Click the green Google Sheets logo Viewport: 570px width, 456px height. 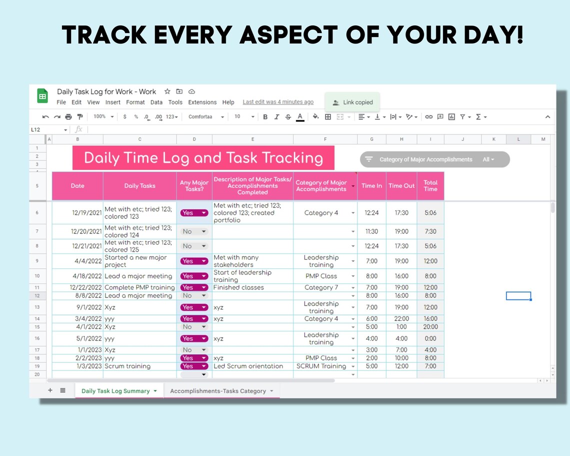pyautogui.click(x=42, y=96)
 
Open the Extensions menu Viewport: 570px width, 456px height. pyautogui.click(x=202, y=102)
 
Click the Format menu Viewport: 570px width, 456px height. pyautogui.click(x=135, y=102)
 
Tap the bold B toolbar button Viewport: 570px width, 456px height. pyautogui.click(x=265, y=116)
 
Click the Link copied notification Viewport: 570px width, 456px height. pyautogui.click(x=352, y=102)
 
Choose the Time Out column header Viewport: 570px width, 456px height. pyautogui.click(x=401, y=185)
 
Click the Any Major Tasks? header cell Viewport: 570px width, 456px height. pyautogui.click(x=194, y=185)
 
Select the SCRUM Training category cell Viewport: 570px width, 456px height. pyautogui.click(x=321, y=366)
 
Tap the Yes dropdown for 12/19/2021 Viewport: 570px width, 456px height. pyautogui.click(x=194, y=213)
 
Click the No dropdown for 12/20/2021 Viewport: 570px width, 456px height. pyautogui.click(x=194, y=231)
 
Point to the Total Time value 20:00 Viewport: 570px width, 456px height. pyautogui.click(x=430, y=327)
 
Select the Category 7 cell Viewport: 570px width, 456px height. pyautogui.click(x=321, y=287)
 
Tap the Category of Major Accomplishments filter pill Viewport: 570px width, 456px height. pyautogui.click(x=434, y=159)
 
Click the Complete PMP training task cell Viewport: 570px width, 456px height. pyautogui.click(x=139, y=287)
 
